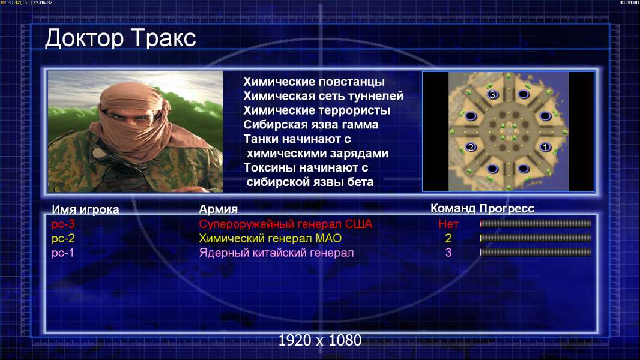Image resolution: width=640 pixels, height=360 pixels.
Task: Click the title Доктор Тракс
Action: coord(121,39)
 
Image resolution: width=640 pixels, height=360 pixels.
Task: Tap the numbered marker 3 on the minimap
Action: coord(492,95)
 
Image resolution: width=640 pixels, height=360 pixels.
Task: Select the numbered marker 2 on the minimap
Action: coord(471,147)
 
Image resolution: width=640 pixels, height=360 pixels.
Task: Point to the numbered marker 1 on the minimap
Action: coord(545,147)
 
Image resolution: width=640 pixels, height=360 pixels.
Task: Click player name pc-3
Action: coord(63,224)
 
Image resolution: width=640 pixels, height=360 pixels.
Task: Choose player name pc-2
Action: coord(63,238)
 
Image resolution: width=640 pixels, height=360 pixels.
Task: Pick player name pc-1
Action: coord(63,253)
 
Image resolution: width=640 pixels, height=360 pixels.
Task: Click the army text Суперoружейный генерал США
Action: coord(286,224)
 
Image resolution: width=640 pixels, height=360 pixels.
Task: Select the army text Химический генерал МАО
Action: coord(270,238)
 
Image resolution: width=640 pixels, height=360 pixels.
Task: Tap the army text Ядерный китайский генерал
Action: coord(276,253)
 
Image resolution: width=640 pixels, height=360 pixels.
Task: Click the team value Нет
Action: coord(448,224)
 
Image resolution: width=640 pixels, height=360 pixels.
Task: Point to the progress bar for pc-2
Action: coord(536,238)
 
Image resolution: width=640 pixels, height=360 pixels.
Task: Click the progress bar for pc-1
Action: coord(536,253)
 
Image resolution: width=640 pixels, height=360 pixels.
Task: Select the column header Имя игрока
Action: coord(85,209)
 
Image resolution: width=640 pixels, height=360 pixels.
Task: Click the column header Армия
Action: coord(219,209)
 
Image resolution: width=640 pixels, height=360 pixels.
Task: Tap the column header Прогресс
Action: coord(507,209)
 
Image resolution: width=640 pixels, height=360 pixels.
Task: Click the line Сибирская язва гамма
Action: coord(311,125)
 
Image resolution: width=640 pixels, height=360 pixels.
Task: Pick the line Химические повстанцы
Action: coord(314,82)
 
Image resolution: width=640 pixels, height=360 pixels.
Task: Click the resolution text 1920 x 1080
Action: coord(320,340)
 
